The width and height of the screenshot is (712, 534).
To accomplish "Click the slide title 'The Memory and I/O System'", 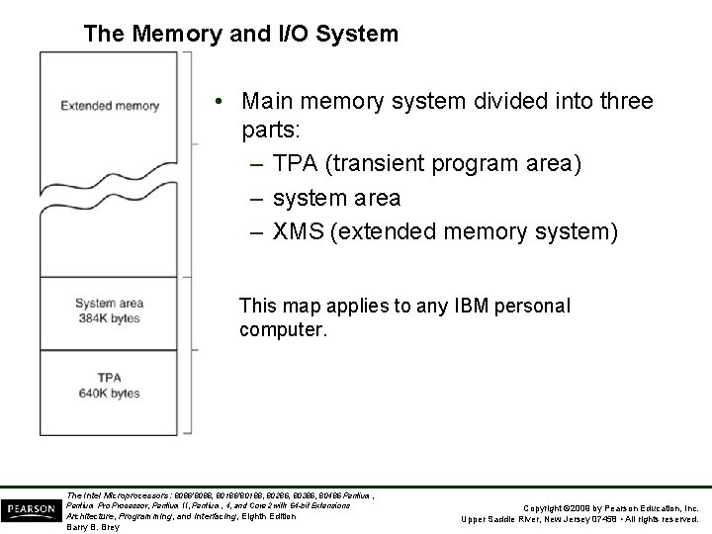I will pyautogui.click(x=241, y=34).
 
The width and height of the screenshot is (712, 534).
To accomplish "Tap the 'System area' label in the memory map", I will pyautogui.click(x=110, y=304).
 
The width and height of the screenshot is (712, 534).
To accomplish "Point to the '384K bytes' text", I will pyautogui.click(x=110, y=318).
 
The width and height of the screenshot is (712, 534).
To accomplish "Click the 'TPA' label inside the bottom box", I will pyautogui.click(x=111, y=378).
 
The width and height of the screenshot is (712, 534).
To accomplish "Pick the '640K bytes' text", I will pyautogui.click(x=111, y=393).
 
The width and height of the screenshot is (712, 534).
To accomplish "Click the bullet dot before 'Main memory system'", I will pyautogui.click(x=224, y=101).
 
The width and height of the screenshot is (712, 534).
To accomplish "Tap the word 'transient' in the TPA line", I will pyautogui.click(x=375, y=164).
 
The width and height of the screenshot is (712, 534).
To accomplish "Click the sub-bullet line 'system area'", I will pyautogui.click(x=335, y=198).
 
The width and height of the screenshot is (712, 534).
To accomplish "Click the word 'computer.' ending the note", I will pyautogui.click(x=282, y=330).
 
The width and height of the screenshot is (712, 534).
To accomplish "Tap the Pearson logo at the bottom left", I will pyautogui.click(x=31, y=509).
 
